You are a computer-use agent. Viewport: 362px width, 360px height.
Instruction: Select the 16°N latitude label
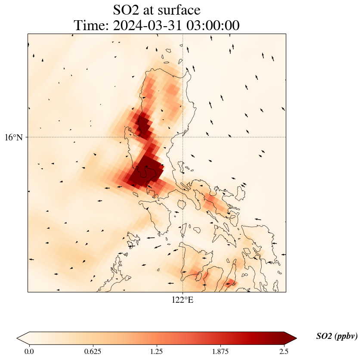(x=16, y=137)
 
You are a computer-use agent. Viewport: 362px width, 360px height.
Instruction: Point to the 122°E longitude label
(x=183, y=300)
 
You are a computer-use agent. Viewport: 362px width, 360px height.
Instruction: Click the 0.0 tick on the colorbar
(x=29, y=351)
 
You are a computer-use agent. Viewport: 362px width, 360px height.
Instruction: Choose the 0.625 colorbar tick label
(x=93, y=351)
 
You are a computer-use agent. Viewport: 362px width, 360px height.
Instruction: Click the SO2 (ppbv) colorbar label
(x=337, y=336)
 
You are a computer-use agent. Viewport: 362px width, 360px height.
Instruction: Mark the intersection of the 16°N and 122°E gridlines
(x=183, y=137)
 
